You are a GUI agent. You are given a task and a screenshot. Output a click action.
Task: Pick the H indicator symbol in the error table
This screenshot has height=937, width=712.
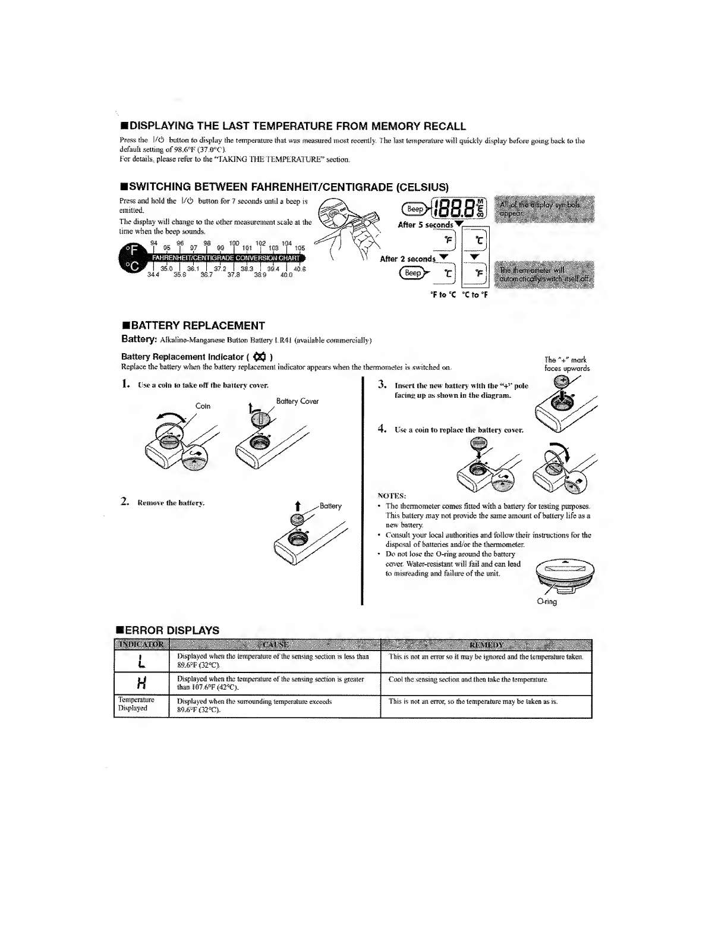click(140, 684)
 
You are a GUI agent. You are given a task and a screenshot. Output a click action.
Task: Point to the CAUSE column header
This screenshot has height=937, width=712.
click(275, 644)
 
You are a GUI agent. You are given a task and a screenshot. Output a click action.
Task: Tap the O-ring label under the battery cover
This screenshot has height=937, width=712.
click(547, 602)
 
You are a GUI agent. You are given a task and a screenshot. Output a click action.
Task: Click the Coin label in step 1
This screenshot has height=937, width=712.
click(203, 406)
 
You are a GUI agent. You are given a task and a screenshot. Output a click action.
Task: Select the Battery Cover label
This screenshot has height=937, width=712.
click(297, 401)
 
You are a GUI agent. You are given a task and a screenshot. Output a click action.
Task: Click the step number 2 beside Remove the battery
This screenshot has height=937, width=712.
click(125, 502)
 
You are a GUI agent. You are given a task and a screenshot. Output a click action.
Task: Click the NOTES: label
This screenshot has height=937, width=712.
click(392, 495)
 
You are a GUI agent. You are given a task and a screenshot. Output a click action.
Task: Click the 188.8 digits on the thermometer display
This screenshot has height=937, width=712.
click(454, 210)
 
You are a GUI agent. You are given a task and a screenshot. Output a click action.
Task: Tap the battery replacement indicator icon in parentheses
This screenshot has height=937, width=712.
click(259, 357)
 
